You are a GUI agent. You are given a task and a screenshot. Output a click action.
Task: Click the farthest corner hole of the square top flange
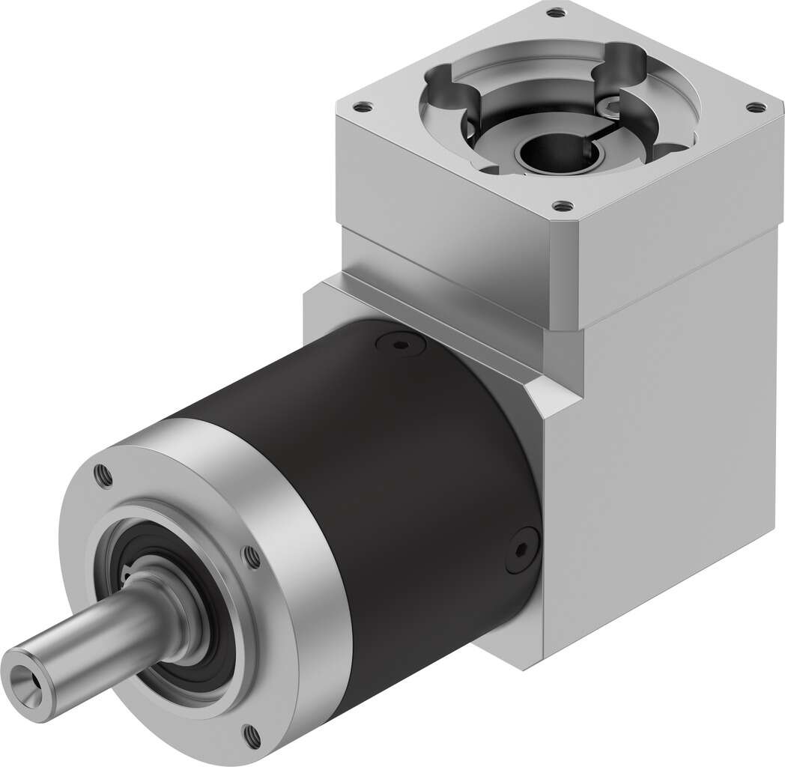pos(554,13)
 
